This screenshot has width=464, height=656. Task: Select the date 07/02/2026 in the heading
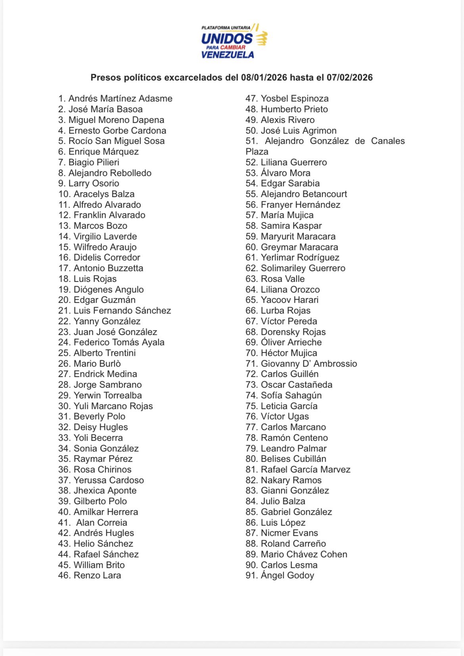click(x=350, y=77)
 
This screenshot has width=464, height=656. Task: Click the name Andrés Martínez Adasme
click(x=120, y=98)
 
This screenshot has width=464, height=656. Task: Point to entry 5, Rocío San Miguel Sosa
click(x=116, y=141)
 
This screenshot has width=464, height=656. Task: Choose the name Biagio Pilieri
click(x=94, y=162)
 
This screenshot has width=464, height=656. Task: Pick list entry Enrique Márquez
click(x=104, y=151)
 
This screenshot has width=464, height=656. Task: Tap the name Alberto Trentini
click(x=105, y=353)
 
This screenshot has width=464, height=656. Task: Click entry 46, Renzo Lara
click(x=97, y=575)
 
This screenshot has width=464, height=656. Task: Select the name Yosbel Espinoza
click(x=295, y=98)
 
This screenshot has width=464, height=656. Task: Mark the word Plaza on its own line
click(x=257, y=151)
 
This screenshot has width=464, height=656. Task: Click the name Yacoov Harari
click(x=290, y=300)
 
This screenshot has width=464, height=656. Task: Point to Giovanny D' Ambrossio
click(x=309, y=363)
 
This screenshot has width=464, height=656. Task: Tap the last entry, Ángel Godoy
click(x=287, y=575)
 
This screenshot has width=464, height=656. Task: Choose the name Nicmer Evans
click(x=289, y=533)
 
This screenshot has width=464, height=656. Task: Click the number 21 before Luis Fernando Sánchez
click(x=64, y=310)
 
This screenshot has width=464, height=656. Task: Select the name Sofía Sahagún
click(x=291, y=395)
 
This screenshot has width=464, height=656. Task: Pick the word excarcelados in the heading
click(x=194, y=77)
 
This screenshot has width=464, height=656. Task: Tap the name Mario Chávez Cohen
click(x=304, y=554)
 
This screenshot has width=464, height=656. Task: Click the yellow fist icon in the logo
click(x=261, y=38)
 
